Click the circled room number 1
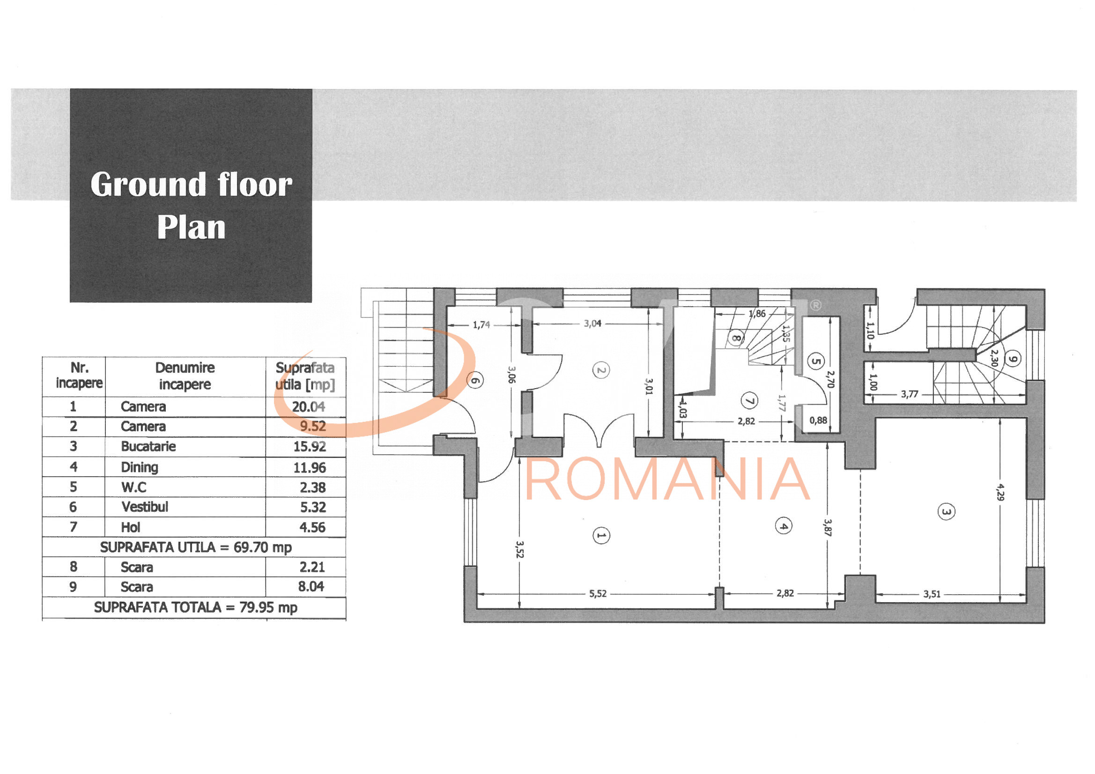click(601, 536)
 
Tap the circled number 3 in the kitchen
click(946, 512)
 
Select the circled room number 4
click(783, 526)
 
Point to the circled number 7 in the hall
click(749, 401)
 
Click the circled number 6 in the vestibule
click(475, 381)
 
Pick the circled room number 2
click(601, 370)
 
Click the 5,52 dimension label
click(598, 594)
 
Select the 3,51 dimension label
click(932, 594)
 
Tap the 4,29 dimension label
click(1000, 492)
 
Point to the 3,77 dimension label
click(910, 394)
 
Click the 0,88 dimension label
click(818, 420)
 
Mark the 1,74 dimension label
click(481, 325)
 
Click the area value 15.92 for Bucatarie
click(310, 447)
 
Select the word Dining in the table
click(139, 467)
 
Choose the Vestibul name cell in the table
click(145, 507)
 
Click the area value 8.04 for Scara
click(311, 587)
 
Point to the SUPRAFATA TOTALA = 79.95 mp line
click(196, 608)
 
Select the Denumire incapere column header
click(185, 376)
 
